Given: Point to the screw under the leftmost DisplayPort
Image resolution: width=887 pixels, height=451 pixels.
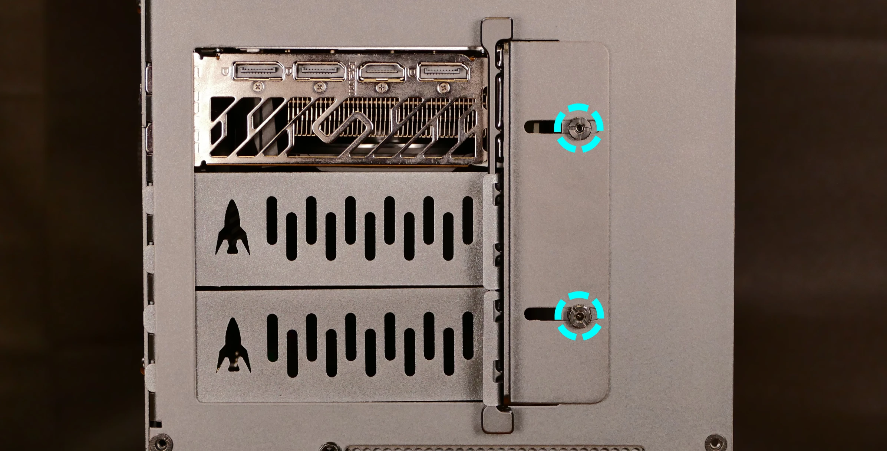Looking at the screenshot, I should coord(257,87).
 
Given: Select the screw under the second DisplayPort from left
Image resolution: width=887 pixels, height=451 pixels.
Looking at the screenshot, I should coord(319,88).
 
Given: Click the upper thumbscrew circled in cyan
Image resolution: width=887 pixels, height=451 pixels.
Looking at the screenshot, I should coord(579,128).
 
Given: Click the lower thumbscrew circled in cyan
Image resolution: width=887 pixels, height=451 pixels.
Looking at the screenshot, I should coord(579,316).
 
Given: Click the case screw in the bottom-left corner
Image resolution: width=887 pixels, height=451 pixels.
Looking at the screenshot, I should coord(161,443).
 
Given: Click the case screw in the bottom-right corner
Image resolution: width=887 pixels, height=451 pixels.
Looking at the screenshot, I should coord(715,443).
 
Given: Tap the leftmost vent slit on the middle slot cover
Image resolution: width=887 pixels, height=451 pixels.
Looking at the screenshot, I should coord(272,220).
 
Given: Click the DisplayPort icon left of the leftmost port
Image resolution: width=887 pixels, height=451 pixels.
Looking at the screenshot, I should coord(225,70).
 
